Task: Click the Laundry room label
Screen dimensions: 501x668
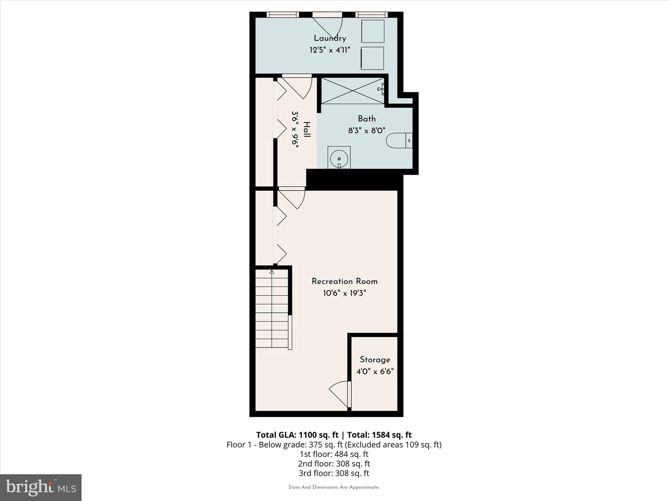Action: [330, 38]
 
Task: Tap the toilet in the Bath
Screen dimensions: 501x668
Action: [399, 141]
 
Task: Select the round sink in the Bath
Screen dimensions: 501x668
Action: [339, 159]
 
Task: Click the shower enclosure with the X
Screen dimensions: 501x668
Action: [352, 91]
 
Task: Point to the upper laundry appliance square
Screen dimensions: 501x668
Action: [372, 31]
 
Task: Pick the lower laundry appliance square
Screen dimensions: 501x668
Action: [372, 58]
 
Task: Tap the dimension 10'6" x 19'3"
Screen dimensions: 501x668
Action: [344, 293]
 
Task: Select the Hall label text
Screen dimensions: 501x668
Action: [307, 129]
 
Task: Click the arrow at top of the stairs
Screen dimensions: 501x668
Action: [272, 272]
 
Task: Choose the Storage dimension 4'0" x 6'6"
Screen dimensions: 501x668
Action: [375, 372]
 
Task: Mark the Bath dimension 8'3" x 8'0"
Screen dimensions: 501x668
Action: [367, 131]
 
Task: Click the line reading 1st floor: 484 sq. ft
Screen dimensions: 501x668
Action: [334, 454]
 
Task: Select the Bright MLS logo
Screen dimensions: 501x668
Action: [40, 487]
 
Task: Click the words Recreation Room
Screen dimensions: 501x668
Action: [344, 281]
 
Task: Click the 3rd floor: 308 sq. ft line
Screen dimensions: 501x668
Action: [334, 473]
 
